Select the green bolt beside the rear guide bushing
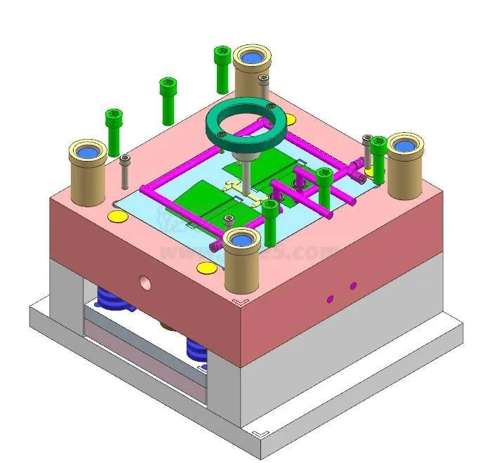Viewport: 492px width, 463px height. click(x=222, y=68)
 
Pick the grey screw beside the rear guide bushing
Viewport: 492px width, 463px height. click(x=264, y=86)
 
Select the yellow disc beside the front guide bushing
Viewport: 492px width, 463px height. click(x=206, y=267)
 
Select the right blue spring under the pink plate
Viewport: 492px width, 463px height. click(x=197, y=350)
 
